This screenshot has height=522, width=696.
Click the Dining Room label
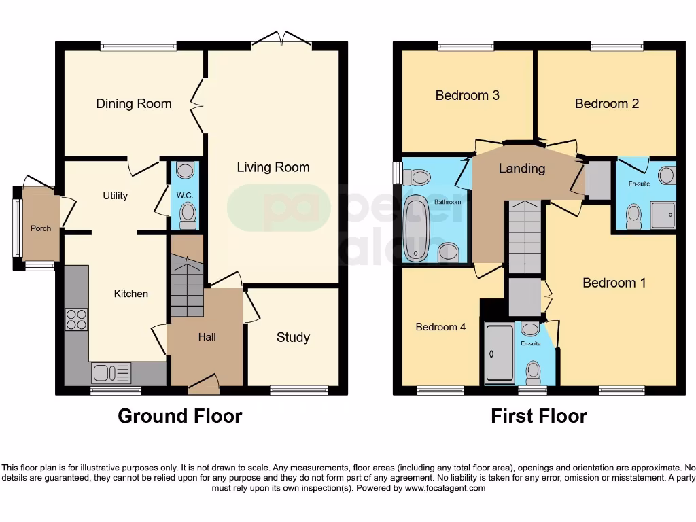(x=133, y=104)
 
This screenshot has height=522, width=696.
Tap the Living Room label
(x=273, y=167)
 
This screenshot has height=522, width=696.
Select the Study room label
(x=293, y=337)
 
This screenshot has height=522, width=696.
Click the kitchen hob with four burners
(x=76, y=319)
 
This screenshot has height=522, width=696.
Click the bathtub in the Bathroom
(x=415, y=228)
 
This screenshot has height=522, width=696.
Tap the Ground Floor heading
(x=179, y=416)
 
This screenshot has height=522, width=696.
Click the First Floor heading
(x=539, y=416)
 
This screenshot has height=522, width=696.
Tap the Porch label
(x=41, y=228)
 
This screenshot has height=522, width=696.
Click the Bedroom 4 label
(x=440, y=327)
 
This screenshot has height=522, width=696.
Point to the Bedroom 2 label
(x=606, y=104)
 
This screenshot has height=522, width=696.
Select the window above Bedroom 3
(x=466, y=46)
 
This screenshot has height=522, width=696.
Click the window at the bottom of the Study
(x=299, y=390)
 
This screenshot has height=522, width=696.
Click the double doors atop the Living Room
(x=281, y=39)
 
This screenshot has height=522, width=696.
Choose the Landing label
(x=521, y=169)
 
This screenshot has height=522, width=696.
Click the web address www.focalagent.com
(x=445, y=488)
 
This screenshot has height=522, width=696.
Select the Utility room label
(x=115, y=196)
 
